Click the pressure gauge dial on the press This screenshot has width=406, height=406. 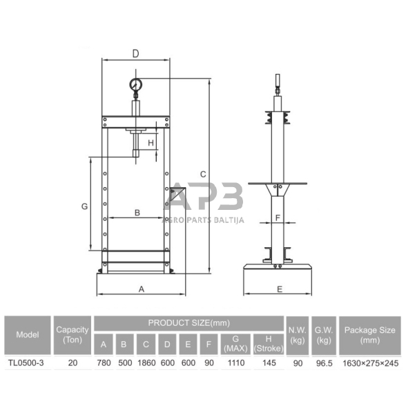(135, 85)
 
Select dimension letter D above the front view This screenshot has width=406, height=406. (135, 54)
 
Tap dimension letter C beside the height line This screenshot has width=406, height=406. (203, 174)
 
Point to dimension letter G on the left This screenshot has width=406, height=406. (85, 206)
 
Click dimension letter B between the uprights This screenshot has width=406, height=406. (137, 213)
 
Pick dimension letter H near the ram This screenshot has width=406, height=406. (151, 143)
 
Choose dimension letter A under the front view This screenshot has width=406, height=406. (142, 289)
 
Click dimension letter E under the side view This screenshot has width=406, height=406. (280, 289)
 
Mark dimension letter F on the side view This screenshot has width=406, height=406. (278, 217)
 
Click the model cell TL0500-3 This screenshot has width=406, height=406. (26, 362)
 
